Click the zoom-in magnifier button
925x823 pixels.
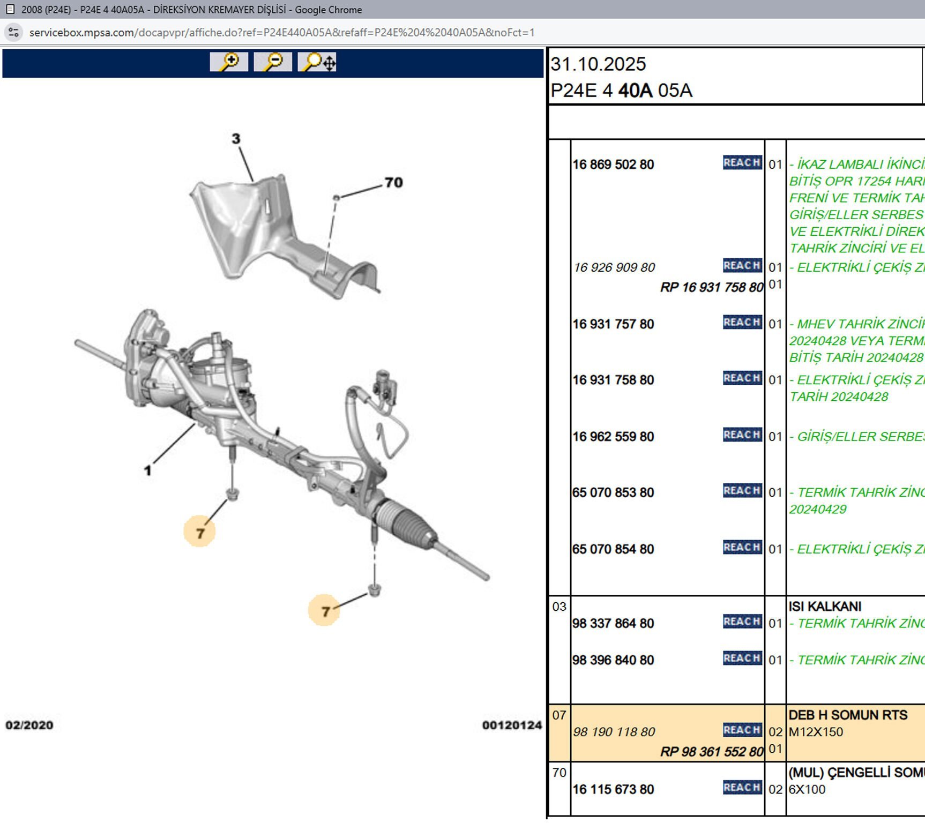[x=229, y=62]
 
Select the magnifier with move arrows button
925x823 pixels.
[x=317, y=62]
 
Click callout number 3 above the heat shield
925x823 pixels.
[x=236, y=139]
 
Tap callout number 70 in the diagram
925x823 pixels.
[x=393, y=183]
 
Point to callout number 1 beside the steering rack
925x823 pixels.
[x=147, y=471]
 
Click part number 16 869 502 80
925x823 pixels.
[x=613, y=164]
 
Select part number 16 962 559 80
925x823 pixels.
[x=613, y=437]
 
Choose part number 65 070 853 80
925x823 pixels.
[x=613, y=492]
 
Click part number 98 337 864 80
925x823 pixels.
[x=613, y=623]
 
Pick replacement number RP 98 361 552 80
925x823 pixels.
[x=711, y=752]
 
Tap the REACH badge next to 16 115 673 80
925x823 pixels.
[x=742, y=787]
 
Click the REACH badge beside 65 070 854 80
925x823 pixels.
[x=742, y=547]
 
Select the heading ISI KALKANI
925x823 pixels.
[x=825, y=607]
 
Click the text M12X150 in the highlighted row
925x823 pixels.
[x=816, y=732]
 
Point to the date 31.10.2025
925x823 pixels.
[x=598, y=64]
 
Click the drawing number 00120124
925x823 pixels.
[x=512, y=725]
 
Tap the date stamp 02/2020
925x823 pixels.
[x=29, y=725]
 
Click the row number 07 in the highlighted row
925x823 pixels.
[x=559, y=715]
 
